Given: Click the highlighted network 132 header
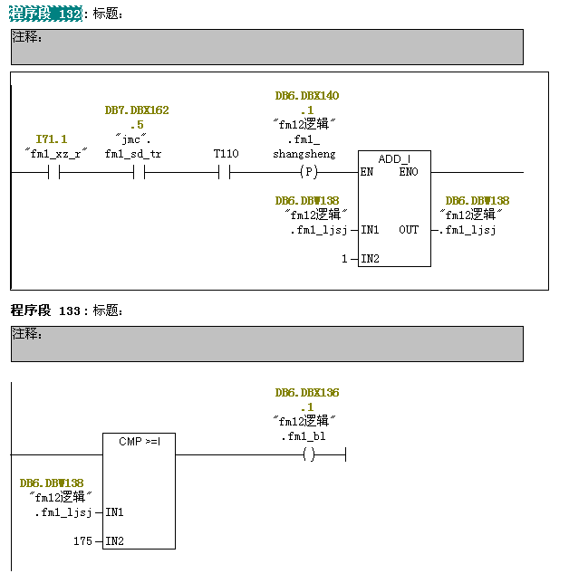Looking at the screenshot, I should click(x=46, y=14).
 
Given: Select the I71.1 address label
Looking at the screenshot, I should click(x=52, y=139).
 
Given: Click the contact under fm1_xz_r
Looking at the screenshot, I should click(x=53, y=172).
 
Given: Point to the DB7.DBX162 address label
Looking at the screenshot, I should click(x=137, y=110).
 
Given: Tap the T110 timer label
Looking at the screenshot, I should click(x=226, y=154).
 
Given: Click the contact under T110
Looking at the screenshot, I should click(x=226, y=172).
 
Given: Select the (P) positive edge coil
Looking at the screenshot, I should click(x=309, y=172).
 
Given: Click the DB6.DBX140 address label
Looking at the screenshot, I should click(x=307, y=96).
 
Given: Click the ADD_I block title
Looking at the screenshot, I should click(x=394, y=159).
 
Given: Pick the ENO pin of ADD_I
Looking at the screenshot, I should click(x=409, y=172).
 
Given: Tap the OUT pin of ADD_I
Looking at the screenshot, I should click(x=409, y=230).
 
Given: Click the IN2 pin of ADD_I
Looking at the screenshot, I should click(x=370, y=259).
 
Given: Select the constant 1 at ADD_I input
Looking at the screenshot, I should click(x=344, y=259).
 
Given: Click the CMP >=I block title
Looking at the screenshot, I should click(x=140, y=442).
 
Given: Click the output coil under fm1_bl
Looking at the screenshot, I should click(x=309, y=454).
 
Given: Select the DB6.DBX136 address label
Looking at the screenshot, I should click(x=307, y=393).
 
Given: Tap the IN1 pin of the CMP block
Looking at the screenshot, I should click(x=114, y=512).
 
